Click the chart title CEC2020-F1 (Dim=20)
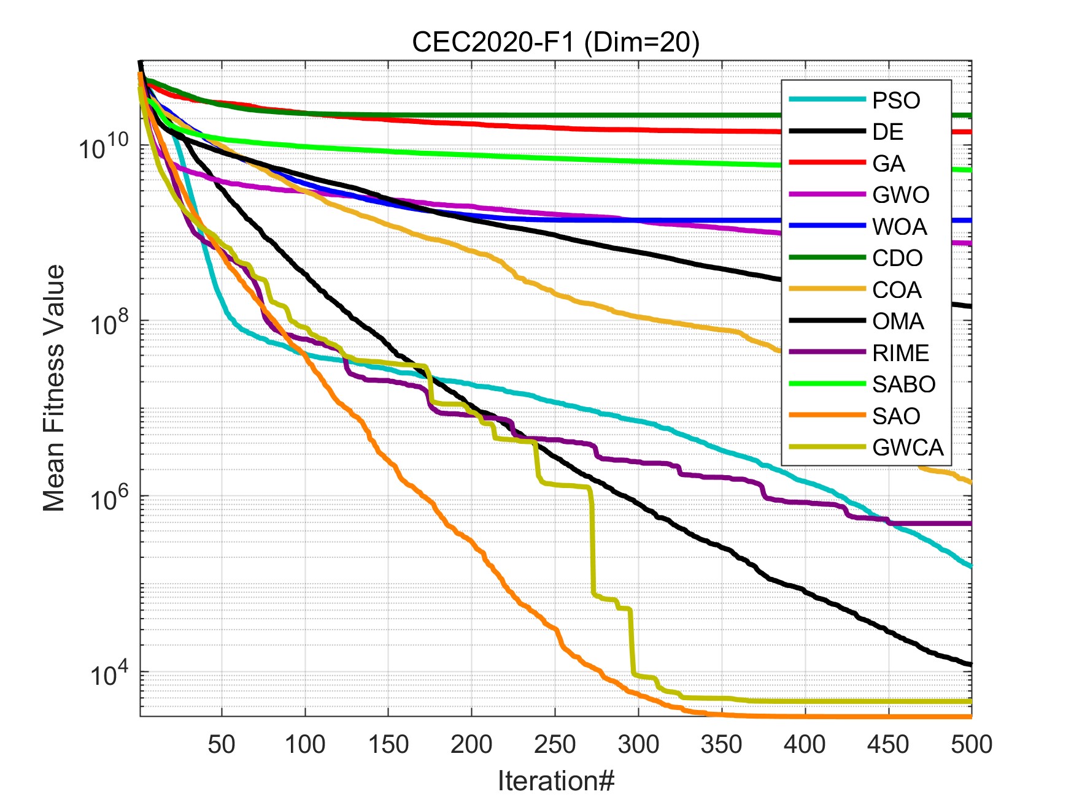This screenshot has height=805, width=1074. coord(555,42)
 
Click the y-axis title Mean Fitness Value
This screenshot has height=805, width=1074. coord(54,388)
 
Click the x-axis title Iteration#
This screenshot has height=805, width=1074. coord(555,781)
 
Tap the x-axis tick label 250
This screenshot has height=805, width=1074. coord(555,744)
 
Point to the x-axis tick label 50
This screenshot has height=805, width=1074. coord(222,744)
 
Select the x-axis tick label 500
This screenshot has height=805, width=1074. coord(971,744)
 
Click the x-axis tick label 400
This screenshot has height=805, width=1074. coord(805,744)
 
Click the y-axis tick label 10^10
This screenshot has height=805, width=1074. coord(104,147)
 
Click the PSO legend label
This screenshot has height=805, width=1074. coord(896,101)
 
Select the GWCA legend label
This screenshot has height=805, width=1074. coord(908,448)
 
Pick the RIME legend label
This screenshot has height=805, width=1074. coord(900,353)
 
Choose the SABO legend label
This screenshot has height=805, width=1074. coord(903,384)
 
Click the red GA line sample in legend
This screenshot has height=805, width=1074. coord(827,163)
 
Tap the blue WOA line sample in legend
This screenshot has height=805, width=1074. coord(827,226)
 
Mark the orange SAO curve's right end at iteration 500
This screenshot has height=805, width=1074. coord(970,716)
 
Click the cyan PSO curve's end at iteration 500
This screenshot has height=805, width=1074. coord(970,566)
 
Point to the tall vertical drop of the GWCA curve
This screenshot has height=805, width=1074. coord(593,540)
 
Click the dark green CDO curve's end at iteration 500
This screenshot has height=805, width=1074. coord(970,115)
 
